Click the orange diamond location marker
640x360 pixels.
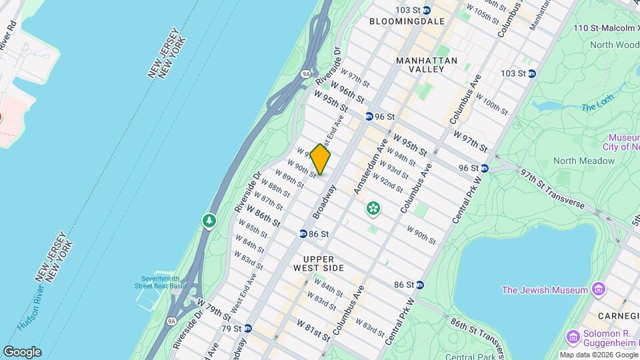[x=320, y=160]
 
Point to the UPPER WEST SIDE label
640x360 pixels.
[x=323, y=263]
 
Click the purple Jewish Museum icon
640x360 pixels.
[x=599, y=290]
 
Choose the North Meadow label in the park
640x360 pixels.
[x=583, y=161]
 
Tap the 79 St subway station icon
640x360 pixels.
[x=248, y=328]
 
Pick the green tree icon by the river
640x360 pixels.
[x=209, y=221]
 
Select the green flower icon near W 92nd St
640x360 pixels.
[x=373, y=209]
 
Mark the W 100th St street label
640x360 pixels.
[x=494, y=105]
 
